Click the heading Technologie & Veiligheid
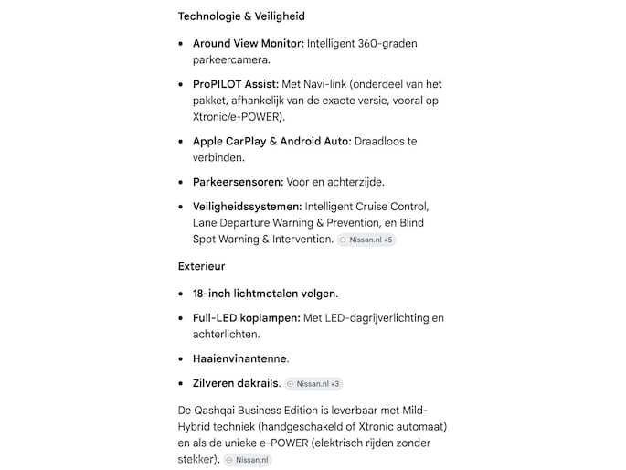(241, 16)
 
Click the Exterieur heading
(201, 266)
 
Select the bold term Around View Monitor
(248, 44)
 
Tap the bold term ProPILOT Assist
(235, 84)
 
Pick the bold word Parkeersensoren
(238, 181)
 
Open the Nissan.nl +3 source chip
(313, 384)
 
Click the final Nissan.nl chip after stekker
(248, 460)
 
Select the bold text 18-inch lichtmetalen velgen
(264, 294)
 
